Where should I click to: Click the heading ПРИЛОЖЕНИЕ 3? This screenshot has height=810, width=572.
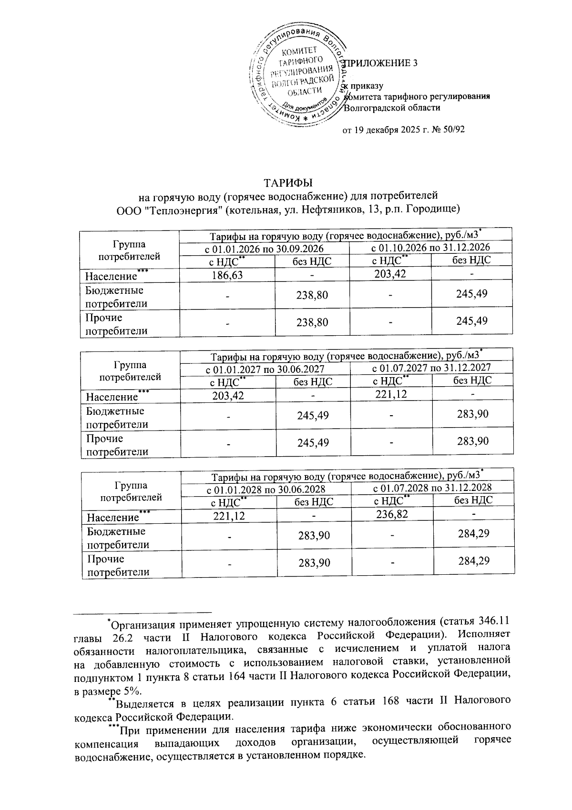click(x=381, y=63)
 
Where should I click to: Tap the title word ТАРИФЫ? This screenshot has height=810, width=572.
click(x=288, y=183)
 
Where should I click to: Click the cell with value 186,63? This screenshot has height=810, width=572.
click(x=227, y=275)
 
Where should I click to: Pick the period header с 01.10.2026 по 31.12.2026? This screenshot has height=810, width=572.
click(x=430, y=247)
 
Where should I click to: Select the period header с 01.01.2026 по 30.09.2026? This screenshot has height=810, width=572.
click(x=264, y=249)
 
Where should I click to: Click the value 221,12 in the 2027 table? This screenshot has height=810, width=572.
click(x=391, y=394)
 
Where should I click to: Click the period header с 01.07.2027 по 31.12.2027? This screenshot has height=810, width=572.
click(x=431, y=368)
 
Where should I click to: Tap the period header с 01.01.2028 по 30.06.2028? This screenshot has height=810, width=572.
click(x=266, y=490)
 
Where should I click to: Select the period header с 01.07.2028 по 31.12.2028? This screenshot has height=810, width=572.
click(x=432, y=488)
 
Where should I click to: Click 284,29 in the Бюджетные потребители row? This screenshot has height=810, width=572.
click(x=473, y=534)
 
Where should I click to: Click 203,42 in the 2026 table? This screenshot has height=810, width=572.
click(x=390, y=273)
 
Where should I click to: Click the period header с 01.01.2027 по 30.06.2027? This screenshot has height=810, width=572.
click(x=265, y=369)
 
